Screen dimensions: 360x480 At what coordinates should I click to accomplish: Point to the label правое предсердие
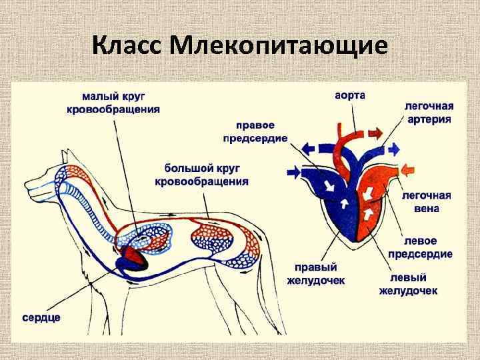(x=254, y=132)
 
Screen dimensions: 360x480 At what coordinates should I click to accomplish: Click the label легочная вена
(x=427, y=202)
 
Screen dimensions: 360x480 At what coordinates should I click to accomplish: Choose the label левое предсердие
(x=427, y=247)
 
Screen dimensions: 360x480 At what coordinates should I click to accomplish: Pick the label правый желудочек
(x=315, y=274)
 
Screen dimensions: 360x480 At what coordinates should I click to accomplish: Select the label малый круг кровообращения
(x=113, y=103)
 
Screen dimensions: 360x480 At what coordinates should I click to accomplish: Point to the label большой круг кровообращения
(x=202, y=175)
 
